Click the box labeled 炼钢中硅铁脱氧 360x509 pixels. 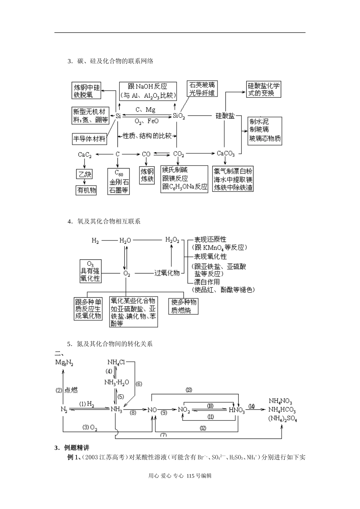coord(87,91)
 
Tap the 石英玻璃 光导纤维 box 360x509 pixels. coord(202,89)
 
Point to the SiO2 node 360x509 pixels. coord(178,116)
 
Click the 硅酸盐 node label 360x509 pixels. coord(225,116)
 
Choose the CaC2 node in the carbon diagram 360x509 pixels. coord(85,155)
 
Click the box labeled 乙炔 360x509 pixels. coord(85,174)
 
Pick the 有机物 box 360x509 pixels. coord(87,190)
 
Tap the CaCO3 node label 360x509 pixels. coord(226,154)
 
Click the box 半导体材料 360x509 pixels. coord(89,139)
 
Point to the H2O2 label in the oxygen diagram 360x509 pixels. coord(172,240)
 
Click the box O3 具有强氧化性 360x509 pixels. coord(91,271)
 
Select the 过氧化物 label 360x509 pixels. coord(167,273)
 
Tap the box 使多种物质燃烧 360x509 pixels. coord(184,306)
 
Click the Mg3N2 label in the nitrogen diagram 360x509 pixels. coord(64,363)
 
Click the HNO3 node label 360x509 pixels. coord(237,410)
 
